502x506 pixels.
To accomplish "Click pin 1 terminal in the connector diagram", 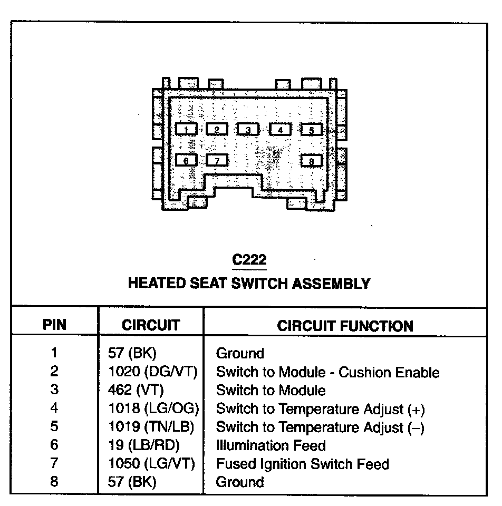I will click(186, 129).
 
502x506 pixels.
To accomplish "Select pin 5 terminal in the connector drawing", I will click(311, 129).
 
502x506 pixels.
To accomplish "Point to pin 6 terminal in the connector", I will click(186, 160).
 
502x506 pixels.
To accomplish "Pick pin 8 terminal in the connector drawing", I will click(311, 160).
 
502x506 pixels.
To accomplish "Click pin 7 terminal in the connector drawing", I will click(217, 160).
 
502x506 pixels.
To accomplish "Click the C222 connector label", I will click(249, 260).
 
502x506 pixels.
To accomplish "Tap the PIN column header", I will click(54, 325).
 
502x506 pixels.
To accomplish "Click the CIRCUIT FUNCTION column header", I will click(345, 326).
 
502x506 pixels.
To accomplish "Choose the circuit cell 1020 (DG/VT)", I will click(152, 372).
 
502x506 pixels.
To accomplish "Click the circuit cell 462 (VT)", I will click(136, 391).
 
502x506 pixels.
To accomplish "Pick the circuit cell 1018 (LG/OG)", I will click(153, 409).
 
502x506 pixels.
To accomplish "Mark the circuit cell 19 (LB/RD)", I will click(143, 445).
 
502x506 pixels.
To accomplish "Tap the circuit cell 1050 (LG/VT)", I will click(151, 464).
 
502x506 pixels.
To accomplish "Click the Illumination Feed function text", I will click(271, 445).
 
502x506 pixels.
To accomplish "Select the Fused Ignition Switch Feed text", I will click(302, 464).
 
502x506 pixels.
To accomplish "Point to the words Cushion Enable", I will click(389, 373).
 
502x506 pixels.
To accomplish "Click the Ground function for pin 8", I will click(240, 482).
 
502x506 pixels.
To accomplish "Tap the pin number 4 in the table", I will click(54, 408).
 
